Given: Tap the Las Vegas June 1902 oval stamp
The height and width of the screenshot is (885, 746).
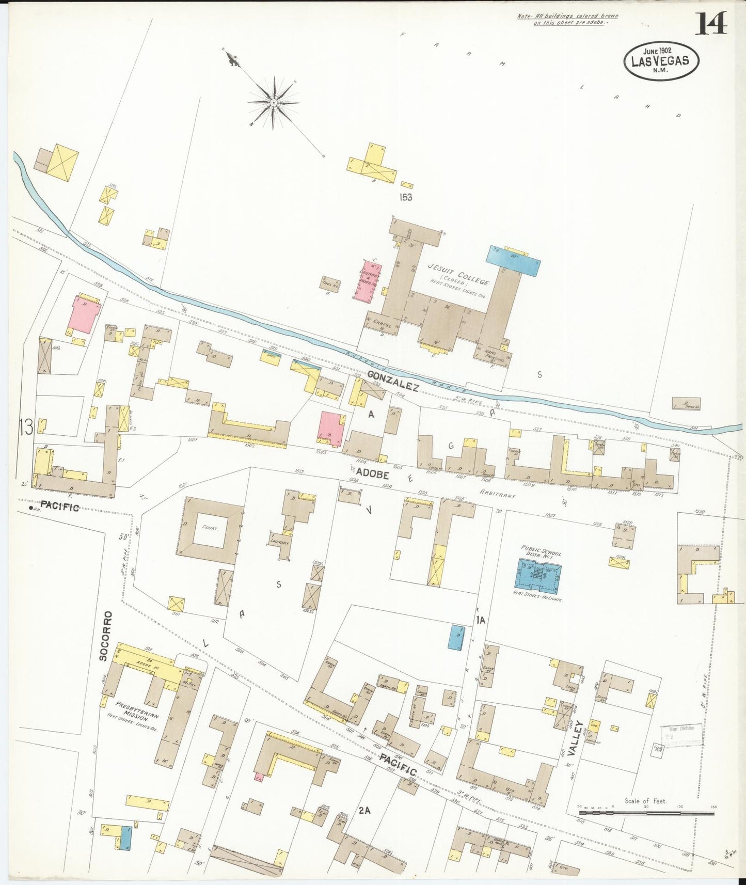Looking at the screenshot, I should click(x=660, y=60).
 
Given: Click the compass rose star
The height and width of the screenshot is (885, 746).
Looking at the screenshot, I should click(x=273, y=102).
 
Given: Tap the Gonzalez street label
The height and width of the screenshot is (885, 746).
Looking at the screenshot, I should click(x=393, y=381).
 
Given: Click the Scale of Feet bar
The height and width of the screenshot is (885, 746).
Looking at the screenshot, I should click(x=646, y=813).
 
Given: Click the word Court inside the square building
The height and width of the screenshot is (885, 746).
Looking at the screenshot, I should click(x=210, y=528).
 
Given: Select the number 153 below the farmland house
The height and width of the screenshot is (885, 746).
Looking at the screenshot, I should click(x=405, y=197).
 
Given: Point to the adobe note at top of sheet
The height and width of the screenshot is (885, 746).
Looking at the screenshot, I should click(x=567, y=20).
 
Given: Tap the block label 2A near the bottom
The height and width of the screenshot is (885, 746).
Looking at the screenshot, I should click(x=365, y=810).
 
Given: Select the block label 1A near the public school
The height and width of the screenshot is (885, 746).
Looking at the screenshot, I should click(x=481, y=621).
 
